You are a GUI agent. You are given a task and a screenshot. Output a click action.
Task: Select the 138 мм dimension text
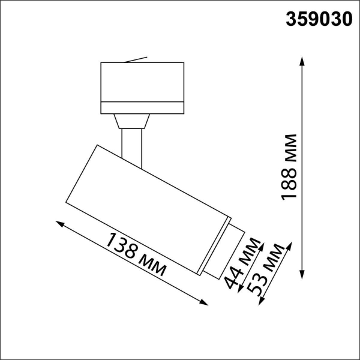click(136, 254)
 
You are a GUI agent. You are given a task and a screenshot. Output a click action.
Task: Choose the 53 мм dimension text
click(266, 273)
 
